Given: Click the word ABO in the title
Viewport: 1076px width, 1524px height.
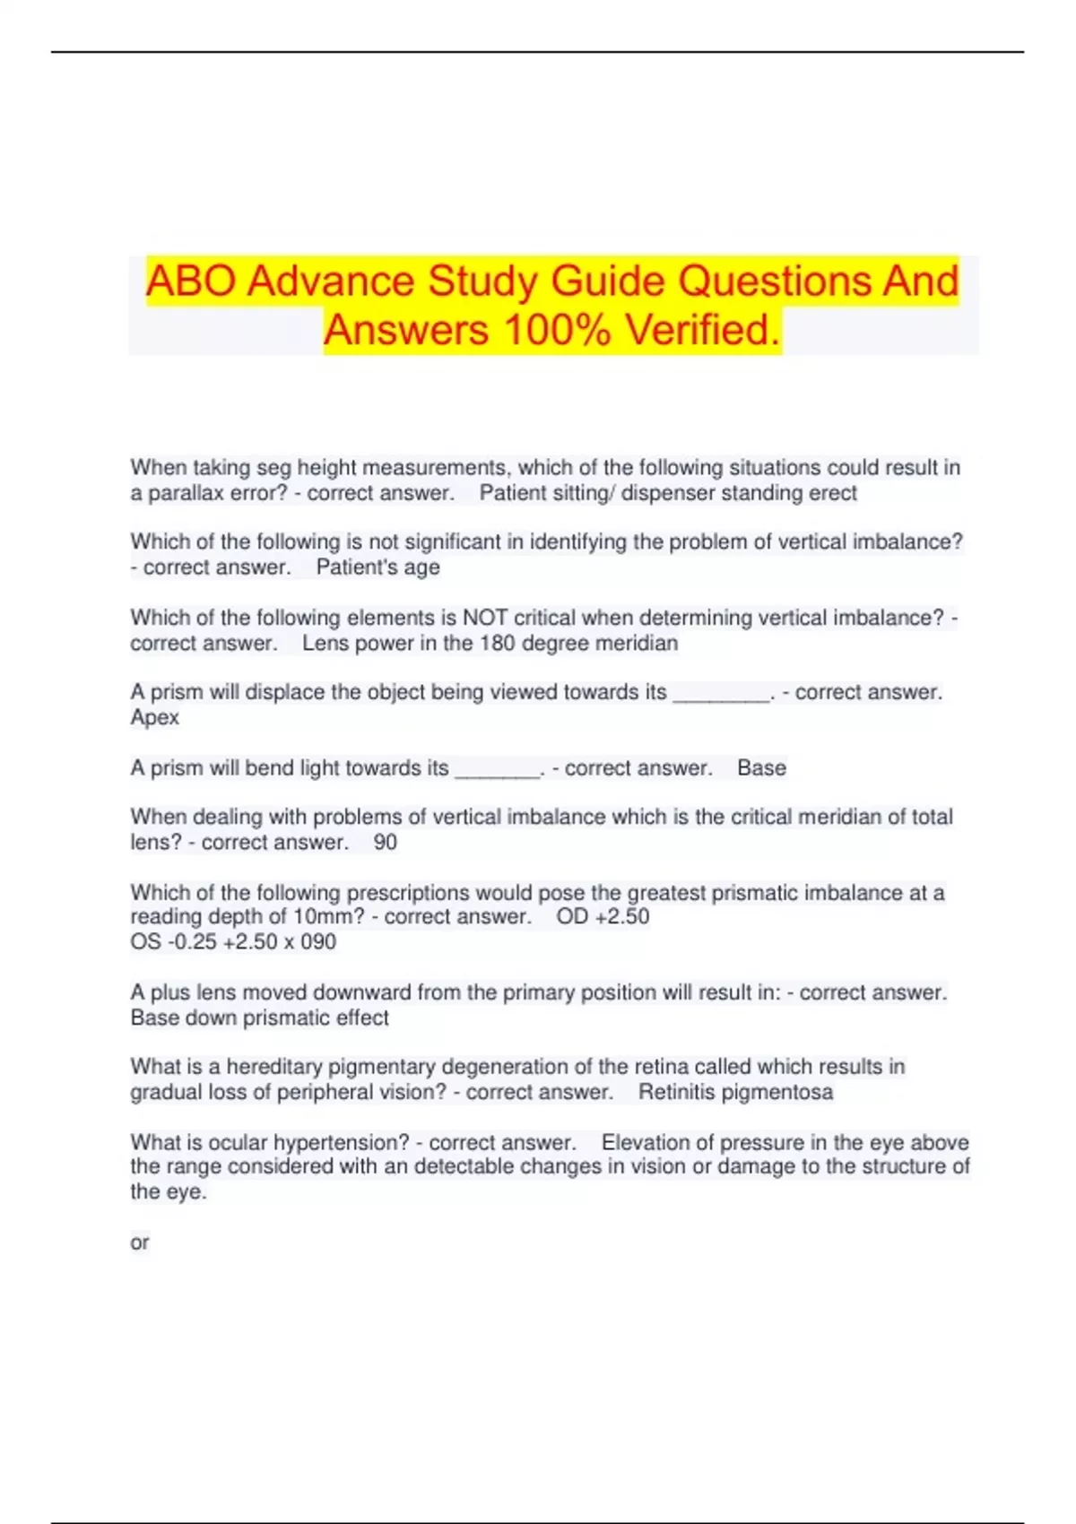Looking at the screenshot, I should pos(191,281).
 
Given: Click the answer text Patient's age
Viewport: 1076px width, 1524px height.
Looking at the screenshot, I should pos(377,567).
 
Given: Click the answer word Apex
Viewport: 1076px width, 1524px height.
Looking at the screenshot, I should pos(154,718).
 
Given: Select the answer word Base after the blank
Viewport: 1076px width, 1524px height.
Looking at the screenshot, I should pos(761,768).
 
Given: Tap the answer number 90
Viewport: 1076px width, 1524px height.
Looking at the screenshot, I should pos(385,843).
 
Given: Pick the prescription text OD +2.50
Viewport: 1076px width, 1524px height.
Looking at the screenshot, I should pos(603,917).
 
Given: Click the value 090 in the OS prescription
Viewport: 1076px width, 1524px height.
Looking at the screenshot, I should pos(318,942).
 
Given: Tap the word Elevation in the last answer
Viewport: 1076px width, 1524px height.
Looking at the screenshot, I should pos(643,1143).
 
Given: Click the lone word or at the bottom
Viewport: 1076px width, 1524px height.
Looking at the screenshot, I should pos(139,1243).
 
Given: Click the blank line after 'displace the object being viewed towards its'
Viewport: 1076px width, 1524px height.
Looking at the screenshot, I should pos(721,694).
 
